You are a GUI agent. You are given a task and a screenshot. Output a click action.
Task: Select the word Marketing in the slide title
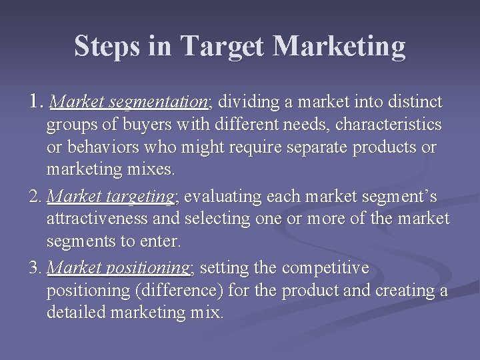[339, 47]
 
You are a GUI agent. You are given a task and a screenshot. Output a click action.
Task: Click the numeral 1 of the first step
[35, 102]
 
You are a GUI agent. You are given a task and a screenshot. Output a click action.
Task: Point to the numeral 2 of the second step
[34, 197]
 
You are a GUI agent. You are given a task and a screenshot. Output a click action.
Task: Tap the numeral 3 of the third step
[34, 269]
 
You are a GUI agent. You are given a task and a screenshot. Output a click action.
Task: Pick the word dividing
[247, 103]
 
